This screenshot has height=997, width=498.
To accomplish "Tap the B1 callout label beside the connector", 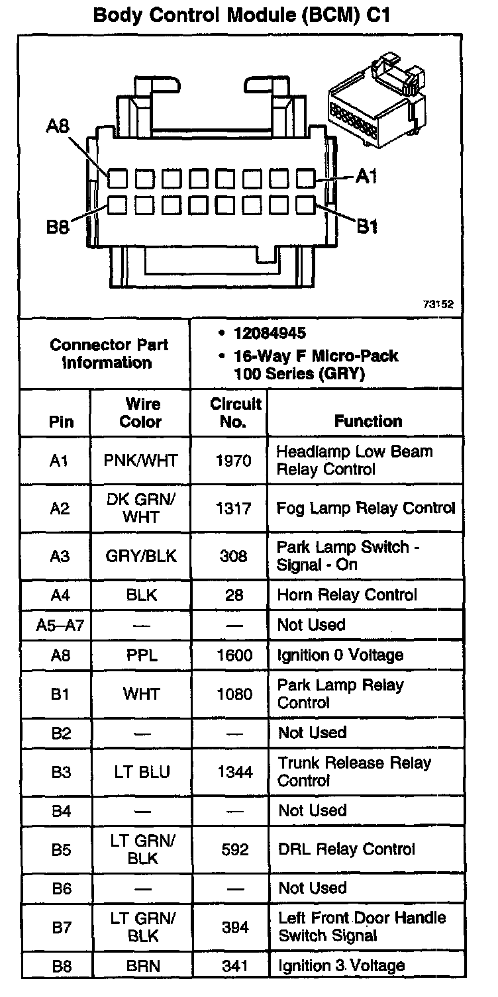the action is click(368, 227).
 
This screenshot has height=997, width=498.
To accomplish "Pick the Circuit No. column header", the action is click(235, 412).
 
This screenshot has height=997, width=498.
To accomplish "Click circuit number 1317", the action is click(234, 508).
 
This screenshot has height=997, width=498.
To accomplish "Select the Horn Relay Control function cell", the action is click(347, 595).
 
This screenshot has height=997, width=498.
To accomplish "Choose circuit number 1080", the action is click(234, 694).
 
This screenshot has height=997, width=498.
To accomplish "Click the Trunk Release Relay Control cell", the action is click(354, 772).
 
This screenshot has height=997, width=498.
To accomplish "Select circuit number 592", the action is click(234, 849).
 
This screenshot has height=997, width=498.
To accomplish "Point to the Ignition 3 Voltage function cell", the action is click(341, 967).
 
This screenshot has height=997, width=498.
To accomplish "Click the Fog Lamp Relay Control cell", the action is click(366, 508).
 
